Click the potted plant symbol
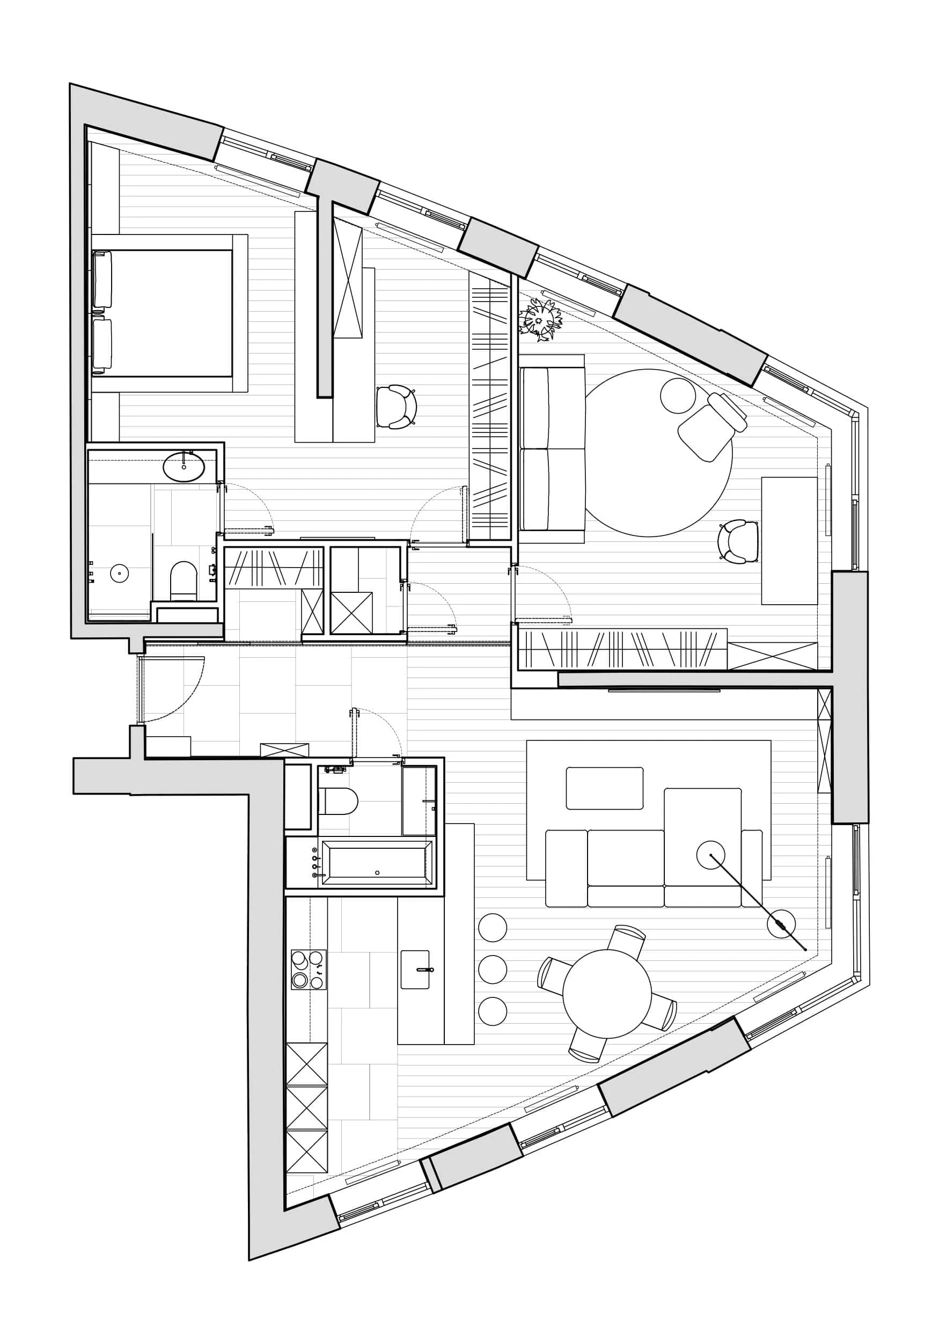541,319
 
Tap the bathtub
377,863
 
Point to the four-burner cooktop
308,969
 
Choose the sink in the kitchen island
415,969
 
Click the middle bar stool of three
493,969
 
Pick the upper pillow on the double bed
102,279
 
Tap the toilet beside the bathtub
338,800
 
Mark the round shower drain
119,574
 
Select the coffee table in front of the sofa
604,788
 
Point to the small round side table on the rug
678,395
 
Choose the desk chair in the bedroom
396,407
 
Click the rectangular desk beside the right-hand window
789,540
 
